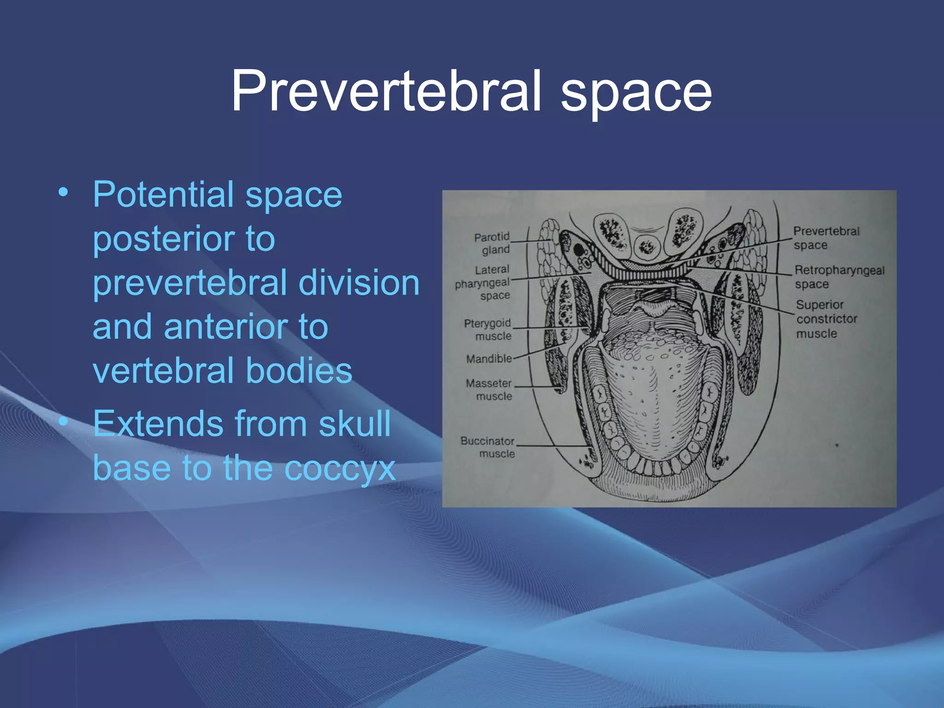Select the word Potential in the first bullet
coord(163,195)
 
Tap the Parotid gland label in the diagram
coord(492,243)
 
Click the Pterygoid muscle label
coord(488,330)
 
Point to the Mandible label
coord(489,359)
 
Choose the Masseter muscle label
coord(490,389)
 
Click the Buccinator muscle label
coord(488,447)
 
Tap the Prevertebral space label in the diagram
coord(826,238)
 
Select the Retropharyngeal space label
coord(838,277)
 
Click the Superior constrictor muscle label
coord(826,319)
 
